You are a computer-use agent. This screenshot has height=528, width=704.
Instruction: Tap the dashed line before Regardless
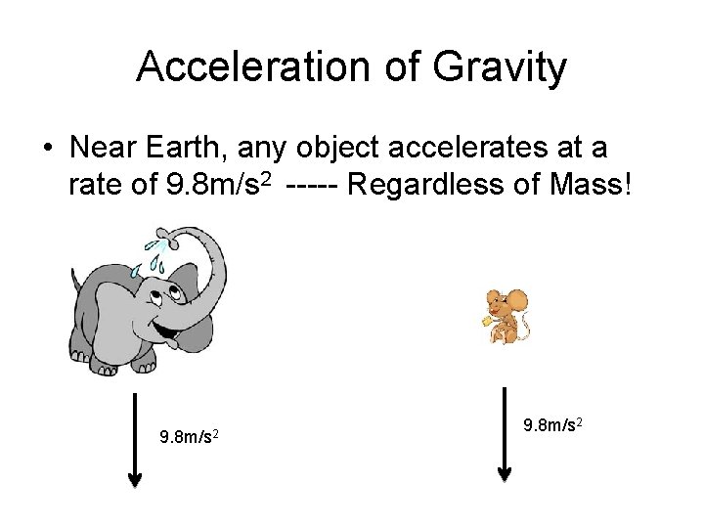tap(312, 185)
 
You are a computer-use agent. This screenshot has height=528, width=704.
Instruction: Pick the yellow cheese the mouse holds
tap(488, 317)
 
